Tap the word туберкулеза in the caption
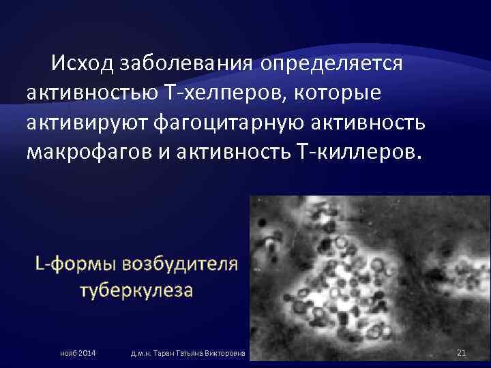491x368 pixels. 136,290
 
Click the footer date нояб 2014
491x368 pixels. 77,352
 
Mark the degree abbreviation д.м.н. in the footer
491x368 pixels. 141,352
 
